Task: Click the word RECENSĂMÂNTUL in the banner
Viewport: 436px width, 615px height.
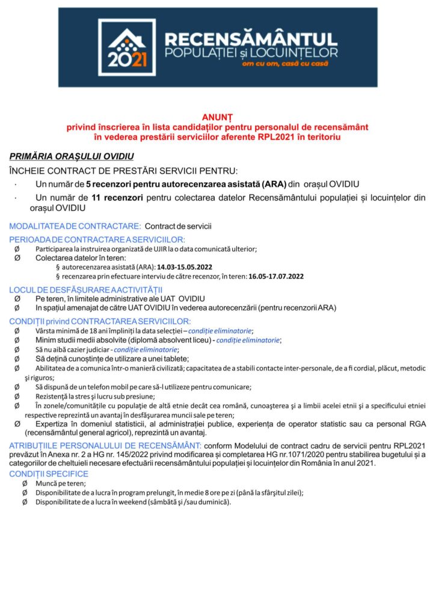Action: pyautogui.click(x=251, y=40)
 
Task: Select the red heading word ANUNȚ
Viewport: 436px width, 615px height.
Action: pyautogui.click(x=217, y=118)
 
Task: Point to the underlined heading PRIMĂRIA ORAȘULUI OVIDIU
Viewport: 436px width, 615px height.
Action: pyautogui.click(x=71, y=156)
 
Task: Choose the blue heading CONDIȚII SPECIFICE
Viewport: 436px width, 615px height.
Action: pyautogui.click(x=49, y=474)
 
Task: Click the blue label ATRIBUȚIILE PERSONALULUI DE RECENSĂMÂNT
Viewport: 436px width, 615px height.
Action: pyautogui.click(x=105, y=445)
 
